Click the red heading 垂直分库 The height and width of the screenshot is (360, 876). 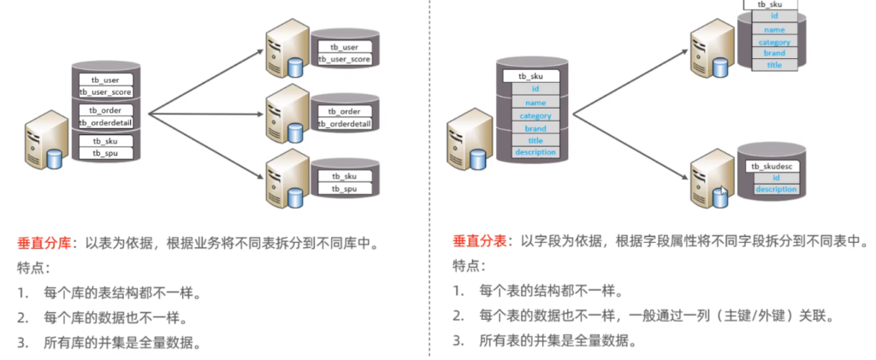click(x=44, y=244)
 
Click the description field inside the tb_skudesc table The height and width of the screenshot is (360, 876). click(x=775, y=189)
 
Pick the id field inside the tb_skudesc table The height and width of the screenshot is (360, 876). click(x=775, y=177)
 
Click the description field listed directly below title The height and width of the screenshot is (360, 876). click(x=536, y=152)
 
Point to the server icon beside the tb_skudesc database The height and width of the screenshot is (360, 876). click(x=713, y=176)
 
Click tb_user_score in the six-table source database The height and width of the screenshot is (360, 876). click(x=105, y=91)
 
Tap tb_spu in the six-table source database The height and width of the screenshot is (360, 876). click(x=105, y=153)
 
